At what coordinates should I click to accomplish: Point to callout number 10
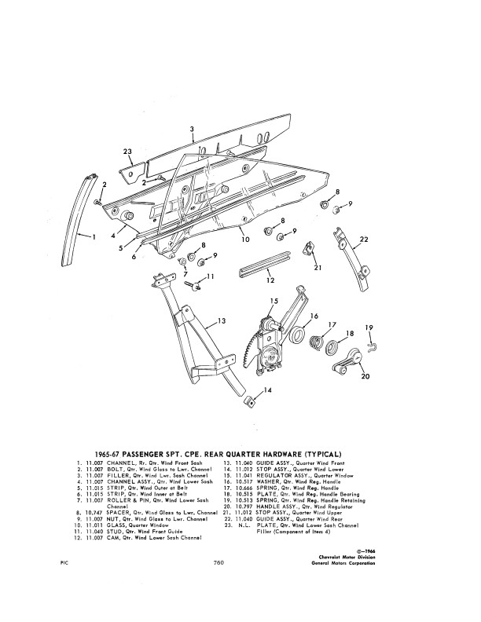[x=245, y=239]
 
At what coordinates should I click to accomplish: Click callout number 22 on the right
[x=364, y=239]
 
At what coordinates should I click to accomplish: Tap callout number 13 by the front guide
[x=222, y=320]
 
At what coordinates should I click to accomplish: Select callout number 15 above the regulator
[x=274, y=301]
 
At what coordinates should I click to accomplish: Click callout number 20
[x=364, y=376]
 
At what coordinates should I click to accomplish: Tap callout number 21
[x=318, y=269]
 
